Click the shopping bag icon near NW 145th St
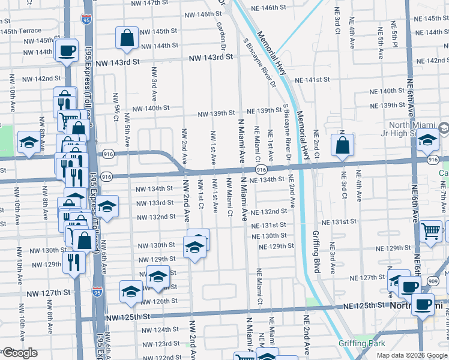[x=128, y=38]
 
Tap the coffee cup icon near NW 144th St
[x=67, y=50]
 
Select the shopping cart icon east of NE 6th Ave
[x=431, y=230]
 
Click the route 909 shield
[x=432, y=280]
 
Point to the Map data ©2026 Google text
[x=411, y=355]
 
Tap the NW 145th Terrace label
[x=21, y=31]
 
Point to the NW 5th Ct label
[x=116, y=108]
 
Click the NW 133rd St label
[x=155, y=203]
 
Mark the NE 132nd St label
[x=270, y=212]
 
